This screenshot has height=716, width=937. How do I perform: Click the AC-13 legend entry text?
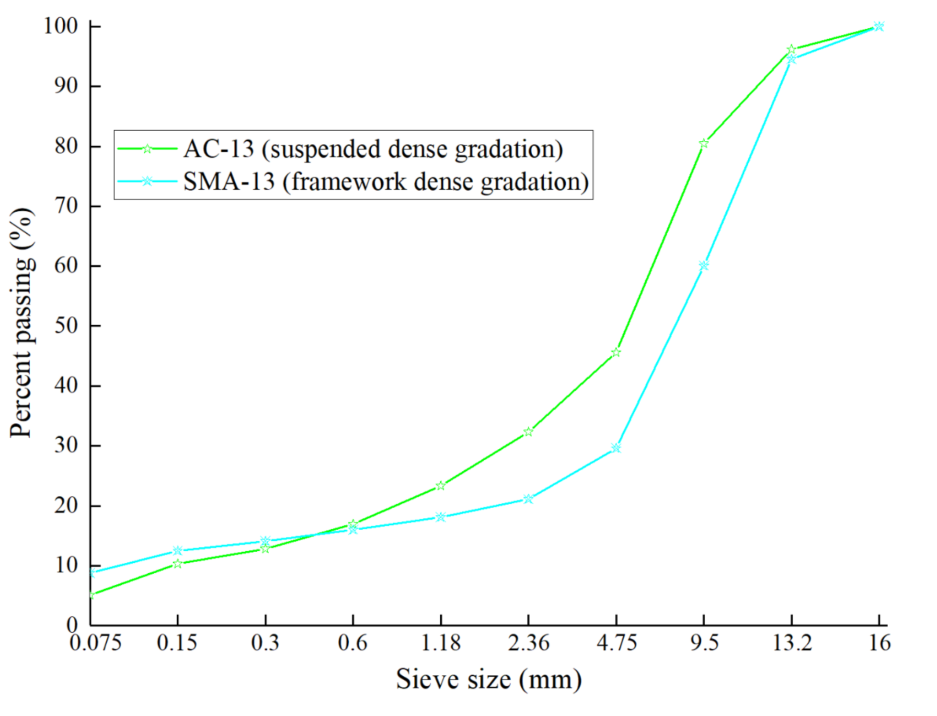pos(373,149)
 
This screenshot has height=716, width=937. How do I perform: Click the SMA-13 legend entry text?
pos(386,182)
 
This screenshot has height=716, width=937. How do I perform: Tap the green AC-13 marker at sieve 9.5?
pos(703,143)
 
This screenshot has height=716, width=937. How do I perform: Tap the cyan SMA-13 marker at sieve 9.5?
pos(703,265)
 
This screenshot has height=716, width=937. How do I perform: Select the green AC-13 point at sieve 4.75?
pos(616,352)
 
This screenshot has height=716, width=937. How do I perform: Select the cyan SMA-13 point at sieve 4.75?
pos(616,448)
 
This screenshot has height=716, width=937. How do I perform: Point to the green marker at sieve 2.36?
pos(528,432)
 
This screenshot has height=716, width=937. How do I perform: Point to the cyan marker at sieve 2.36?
pos(528,499)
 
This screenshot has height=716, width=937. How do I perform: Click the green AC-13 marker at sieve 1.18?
pos(441,486)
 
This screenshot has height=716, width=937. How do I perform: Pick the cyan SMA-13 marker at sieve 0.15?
pos(177,550)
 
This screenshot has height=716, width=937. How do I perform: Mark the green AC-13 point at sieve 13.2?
pos(791,49)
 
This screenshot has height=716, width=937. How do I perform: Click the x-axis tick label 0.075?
pos(95,643)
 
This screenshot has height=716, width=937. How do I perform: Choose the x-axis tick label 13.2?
pos(792,643)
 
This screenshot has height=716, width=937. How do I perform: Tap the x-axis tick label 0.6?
pos(353,643)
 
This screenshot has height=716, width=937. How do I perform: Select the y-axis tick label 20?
pos(66,505)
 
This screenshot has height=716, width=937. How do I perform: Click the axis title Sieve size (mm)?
pos(489,679)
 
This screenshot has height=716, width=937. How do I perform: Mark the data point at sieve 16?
pos(879,26)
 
